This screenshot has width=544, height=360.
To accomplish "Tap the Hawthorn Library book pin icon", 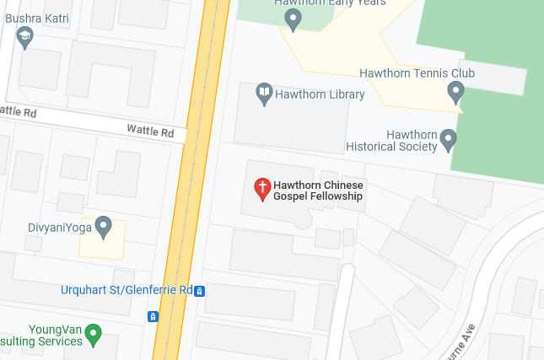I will (265, 94).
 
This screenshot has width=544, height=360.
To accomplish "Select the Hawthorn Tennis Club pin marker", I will (456, 92).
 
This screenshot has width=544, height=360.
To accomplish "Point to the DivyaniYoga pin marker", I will (103, 226).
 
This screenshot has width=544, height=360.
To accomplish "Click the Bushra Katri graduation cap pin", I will (25, 37).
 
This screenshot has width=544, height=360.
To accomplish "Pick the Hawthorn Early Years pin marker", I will (293, 19).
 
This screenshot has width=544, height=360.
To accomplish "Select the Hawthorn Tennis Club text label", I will (417, 73).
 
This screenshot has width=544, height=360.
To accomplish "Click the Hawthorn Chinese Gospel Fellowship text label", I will (318, 191).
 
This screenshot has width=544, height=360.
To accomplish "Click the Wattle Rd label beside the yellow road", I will (150, 132).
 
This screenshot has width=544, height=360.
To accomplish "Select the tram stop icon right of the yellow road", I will (200, 291).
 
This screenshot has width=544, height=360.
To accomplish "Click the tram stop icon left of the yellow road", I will (153, 317).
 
